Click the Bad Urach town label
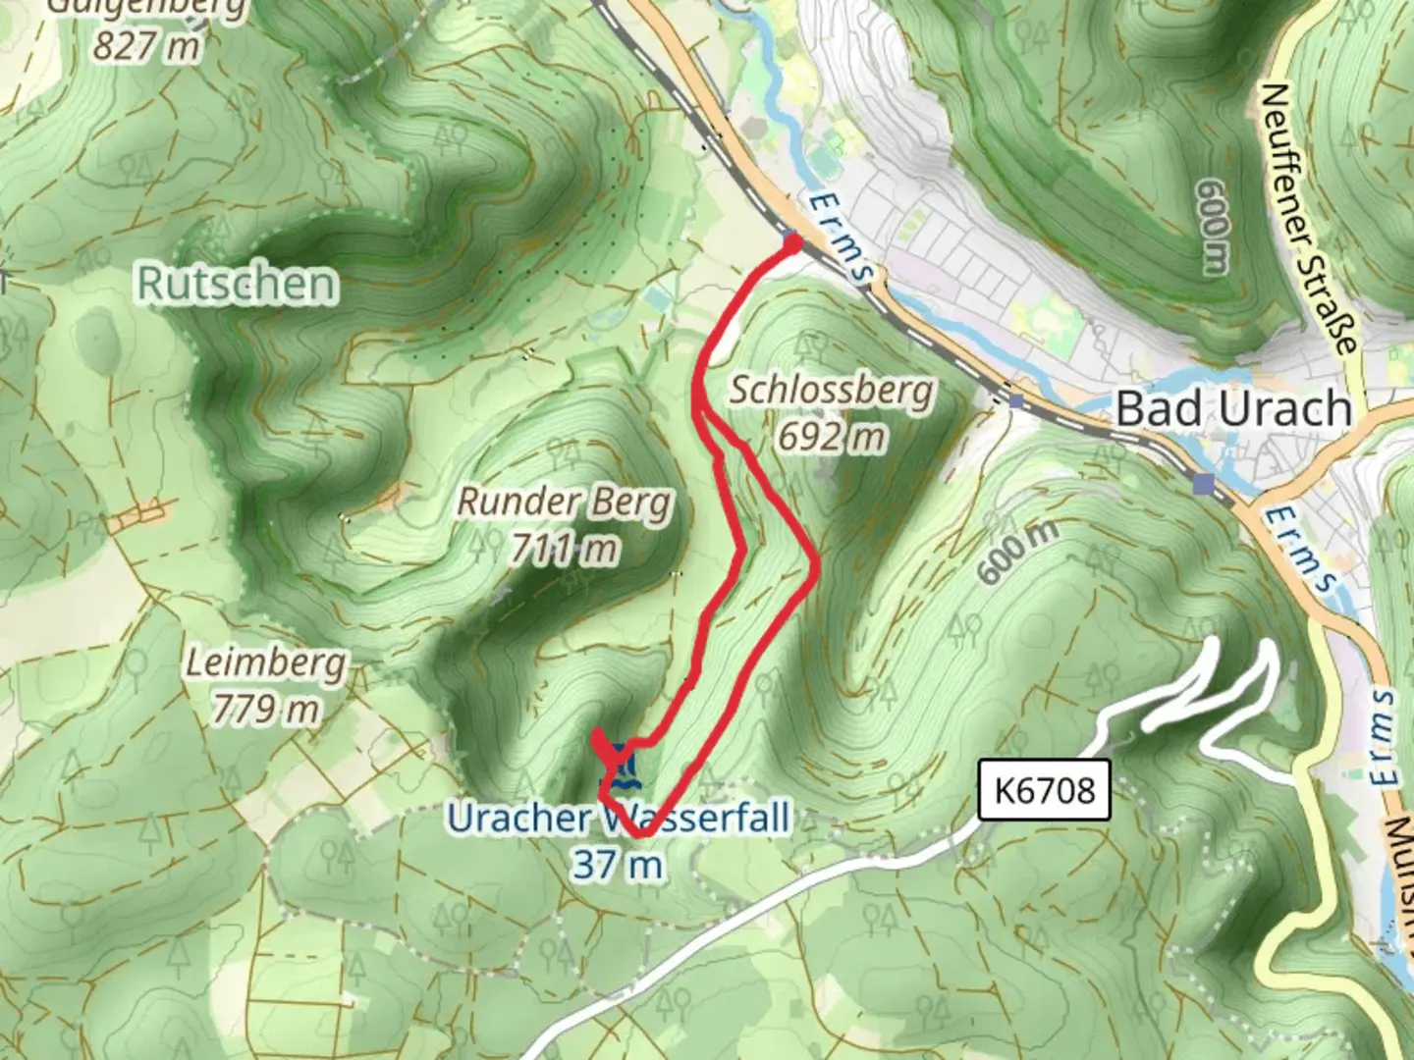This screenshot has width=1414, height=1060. click(1233, 408)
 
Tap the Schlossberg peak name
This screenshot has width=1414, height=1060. click(831, 390)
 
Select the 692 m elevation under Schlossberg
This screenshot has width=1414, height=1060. click(831, 436)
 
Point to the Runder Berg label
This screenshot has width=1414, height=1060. click(566, 502)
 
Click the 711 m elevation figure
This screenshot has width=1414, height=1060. click(565, 548)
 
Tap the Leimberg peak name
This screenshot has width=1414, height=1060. click(266, 662)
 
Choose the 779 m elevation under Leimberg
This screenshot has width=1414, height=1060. click(266, 707)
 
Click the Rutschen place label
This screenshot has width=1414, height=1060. click(237, 283)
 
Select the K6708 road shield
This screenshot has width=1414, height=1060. click(1044, 789)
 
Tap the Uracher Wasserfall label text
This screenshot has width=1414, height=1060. click(619, 818)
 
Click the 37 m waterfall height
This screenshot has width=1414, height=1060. click(618, 865)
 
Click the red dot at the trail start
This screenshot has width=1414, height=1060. click(793, 242)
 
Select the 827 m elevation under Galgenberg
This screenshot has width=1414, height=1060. click(147, 44)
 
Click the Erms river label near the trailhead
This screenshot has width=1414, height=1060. click(841, 236)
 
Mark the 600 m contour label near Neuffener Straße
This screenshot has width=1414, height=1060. click(1214, 227)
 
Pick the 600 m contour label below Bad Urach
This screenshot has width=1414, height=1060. click(1018, 552)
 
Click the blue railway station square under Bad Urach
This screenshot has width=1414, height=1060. click(1203, 483)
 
